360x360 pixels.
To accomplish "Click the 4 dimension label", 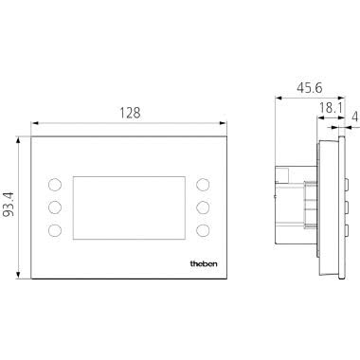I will [354, 118].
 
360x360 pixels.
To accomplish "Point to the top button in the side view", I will [346, 176].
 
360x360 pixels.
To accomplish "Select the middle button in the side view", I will [346, 206].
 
